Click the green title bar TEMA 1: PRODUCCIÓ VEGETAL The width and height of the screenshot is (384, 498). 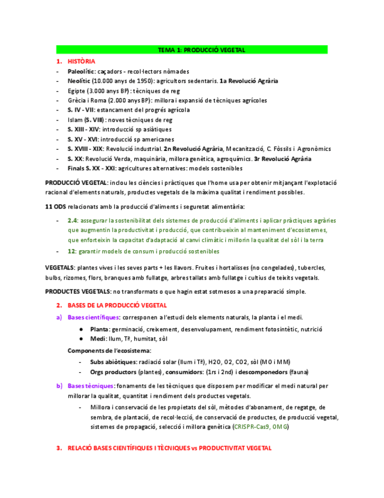(x=192, y=50)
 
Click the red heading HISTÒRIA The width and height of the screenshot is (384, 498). (x=81, y=61)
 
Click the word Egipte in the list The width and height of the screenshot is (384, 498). (x=76, y=91)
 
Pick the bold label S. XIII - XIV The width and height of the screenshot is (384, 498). (x=83, y=129)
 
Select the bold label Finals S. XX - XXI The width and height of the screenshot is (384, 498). (x=91, y=168)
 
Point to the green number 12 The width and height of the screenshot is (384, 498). (x=71, y=251)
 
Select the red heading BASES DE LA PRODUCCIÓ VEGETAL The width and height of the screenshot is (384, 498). (x=117, y=305)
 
